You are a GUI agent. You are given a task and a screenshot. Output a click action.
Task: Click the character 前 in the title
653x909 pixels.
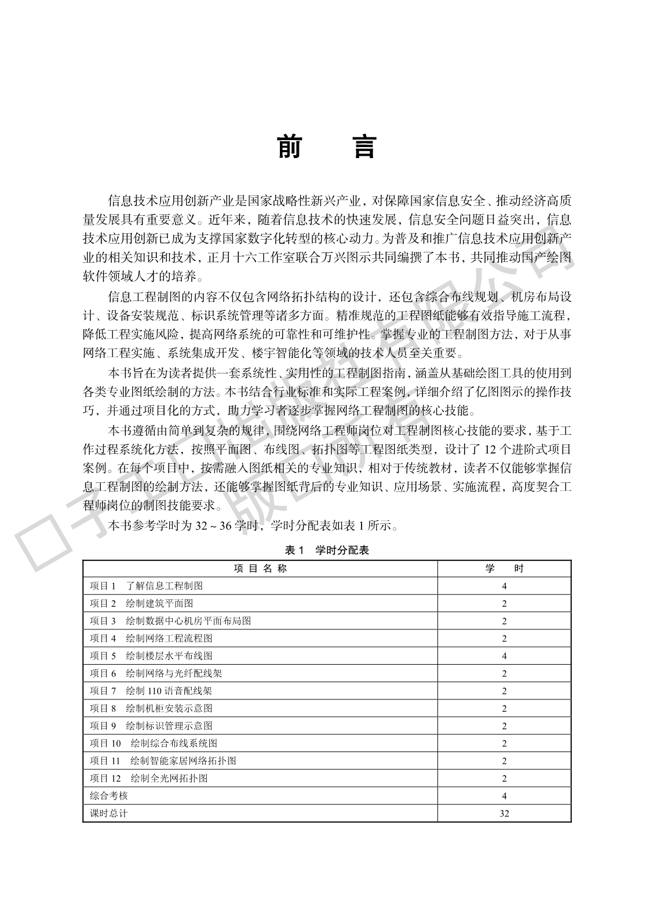289,146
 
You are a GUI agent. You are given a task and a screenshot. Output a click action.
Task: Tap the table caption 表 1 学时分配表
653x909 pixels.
327,550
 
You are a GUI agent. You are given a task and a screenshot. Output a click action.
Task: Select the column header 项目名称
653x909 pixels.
260,569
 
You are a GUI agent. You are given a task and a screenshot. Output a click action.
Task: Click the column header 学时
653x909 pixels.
504,569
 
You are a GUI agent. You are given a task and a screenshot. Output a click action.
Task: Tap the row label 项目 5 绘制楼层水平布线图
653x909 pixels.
151,656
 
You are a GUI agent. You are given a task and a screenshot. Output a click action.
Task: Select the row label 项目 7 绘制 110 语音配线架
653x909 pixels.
151,691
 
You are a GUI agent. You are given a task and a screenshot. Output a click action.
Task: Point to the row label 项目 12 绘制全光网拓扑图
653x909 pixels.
149,778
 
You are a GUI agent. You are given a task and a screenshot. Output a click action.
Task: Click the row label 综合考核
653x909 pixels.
109,796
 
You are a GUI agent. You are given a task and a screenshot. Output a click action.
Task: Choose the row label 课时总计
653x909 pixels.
109,813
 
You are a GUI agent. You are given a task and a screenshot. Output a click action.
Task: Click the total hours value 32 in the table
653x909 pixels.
504,813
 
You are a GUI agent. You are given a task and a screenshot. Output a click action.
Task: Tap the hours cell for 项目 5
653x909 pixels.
504,656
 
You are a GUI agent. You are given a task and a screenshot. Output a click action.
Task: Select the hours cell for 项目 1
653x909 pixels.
504,586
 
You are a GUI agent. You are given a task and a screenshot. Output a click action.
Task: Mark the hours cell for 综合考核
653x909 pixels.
504,796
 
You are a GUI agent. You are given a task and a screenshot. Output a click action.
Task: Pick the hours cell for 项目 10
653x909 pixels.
504,743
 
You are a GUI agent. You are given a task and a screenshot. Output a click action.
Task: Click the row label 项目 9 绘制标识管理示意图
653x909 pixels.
151,725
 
